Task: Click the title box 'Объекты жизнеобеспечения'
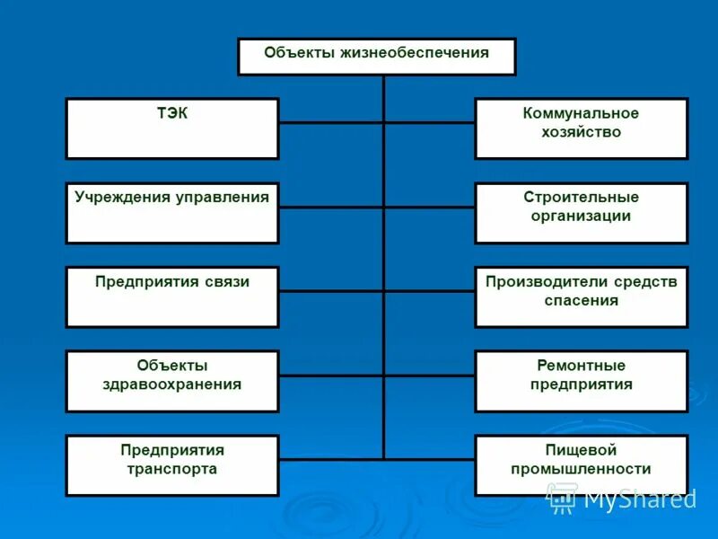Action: click(376, 57)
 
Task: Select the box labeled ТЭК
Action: click(171, 128)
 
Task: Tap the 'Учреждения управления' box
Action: click(171, 213)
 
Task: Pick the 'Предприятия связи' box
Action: click(171, 296)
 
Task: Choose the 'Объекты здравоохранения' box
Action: click(171, 381)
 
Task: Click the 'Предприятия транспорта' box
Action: click(171, 465)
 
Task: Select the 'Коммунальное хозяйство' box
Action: click(581, 128)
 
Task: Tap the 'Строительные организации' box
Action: click(581, 213)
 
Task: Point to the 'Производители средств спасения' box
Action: click(581, 296)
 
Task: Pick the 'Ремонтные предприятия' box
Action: click(581, 381)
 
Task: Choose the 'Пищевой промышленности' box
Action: click(581, 465)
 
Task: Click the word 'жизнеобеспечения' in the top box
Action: click(415, 53)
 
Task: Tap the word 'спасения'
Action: click(581, 301)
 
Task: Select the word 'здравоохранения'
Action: click(171, 384)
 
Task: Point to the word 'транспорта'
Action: click(171, 469)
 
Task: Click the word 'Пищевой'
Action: click(581, 450)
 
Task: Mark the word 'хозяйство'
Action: click(581, 132)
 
